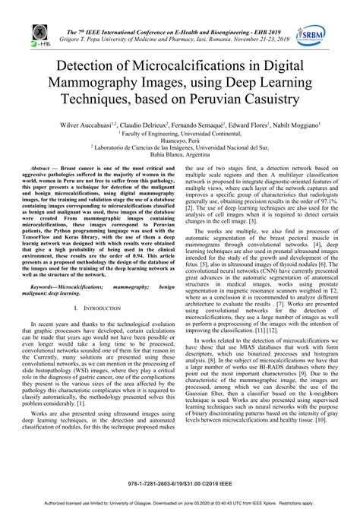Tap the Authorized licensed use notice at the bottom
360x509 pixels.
[x=180, y=502]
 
